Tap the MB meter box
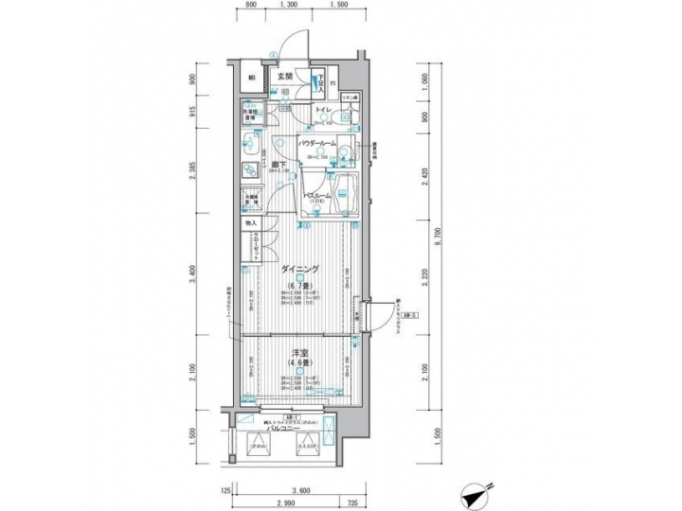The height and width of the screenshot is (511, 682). pyautogui.click(x=252, y=79)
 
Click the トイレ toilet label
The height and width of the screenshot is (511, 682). pyautogui.click(x=323, y=111)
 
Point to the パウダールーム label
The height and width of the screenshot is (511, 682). pyautogui.click(x=318, y=142)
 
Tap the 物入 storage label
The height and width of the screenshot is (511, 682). pyautogui.click(x=251, y=222)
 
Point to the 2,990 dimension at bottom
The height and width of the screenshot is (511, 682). pyautogui.click(x=284, y=502)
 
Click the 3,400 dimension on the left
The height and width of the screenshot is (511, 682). pyautogui.click(x=193, y=274)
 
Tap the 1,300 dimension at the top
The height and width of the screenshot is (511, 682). pyautogui.click(x=291, y=6)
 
